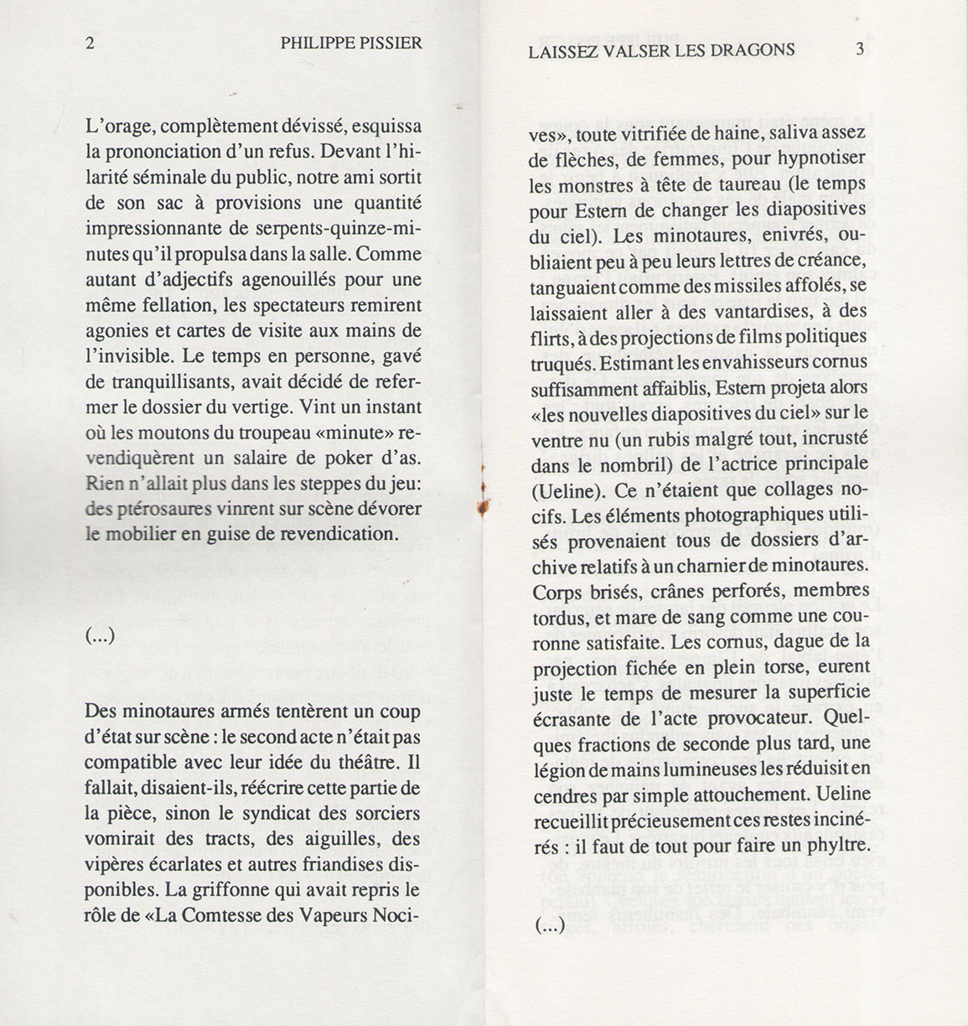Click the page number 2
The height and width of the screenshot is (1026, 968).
pos(90,44)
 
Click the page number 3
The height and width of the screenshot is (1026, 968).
pos(859,49)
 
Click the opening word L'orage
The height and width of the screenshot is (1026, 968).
pos(120,127)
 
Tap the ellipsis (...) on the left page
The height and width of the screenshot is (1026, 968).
pos(100,636)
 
